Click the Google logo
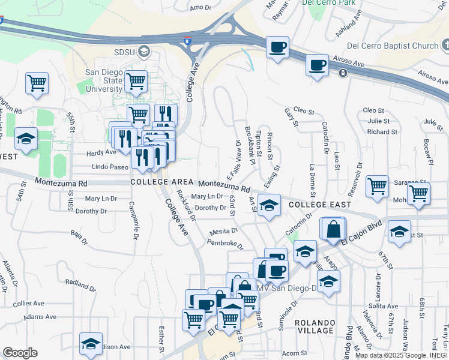[20, 353]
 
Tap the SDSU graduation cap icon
[143, 52]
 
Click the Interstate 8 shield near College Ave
[188, 41]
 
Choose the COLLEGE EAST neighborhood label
[319, 205]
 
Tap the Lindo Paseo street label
[110, 167]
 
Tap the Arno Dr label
[201, 8]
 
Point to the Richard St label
[382, 131]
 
